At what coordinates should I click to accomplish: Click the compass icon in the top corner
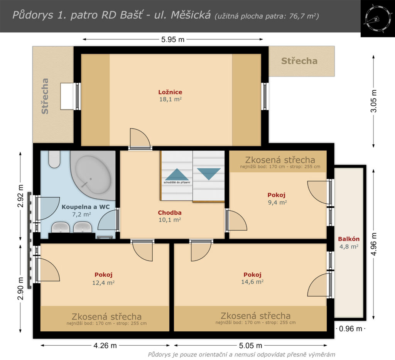(376, 19)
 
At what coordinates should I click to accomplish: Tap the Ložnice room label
(170, 92)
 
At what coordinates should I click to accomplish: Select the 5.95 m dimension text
(173, 40)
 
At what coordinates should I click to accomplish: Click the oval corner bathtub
(93, 175)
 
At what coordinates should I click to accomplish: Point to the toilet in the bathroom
(54, 159)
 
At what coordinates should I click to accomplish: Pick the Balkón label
(349, 239)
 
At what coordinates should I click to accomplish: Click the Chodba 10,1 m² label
(170, 216)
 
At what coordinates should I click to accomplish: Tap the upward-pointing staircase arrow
(177, 174)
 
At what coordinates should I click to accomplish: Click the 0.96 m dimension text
(350, 329)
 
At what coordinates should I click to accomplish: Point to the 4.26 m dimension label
(105, 345)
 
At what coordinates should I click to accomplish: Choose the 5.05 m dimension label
(250, 345)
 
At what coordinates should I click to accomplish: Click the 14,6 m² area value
(252, 282)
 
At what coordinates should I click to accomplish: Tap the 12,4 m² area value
(103, 282)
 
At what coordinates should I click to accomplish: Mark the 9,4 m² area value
(277, 202)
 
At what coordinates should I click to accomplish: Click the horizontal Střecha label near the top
(299, 61)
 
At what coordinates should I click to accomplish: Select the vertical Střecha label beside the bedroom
(45, 96)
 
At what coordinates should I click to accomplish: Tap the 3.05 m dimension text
(374, 101)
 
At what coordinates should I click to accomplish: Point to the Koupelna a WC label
(86, 207)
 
